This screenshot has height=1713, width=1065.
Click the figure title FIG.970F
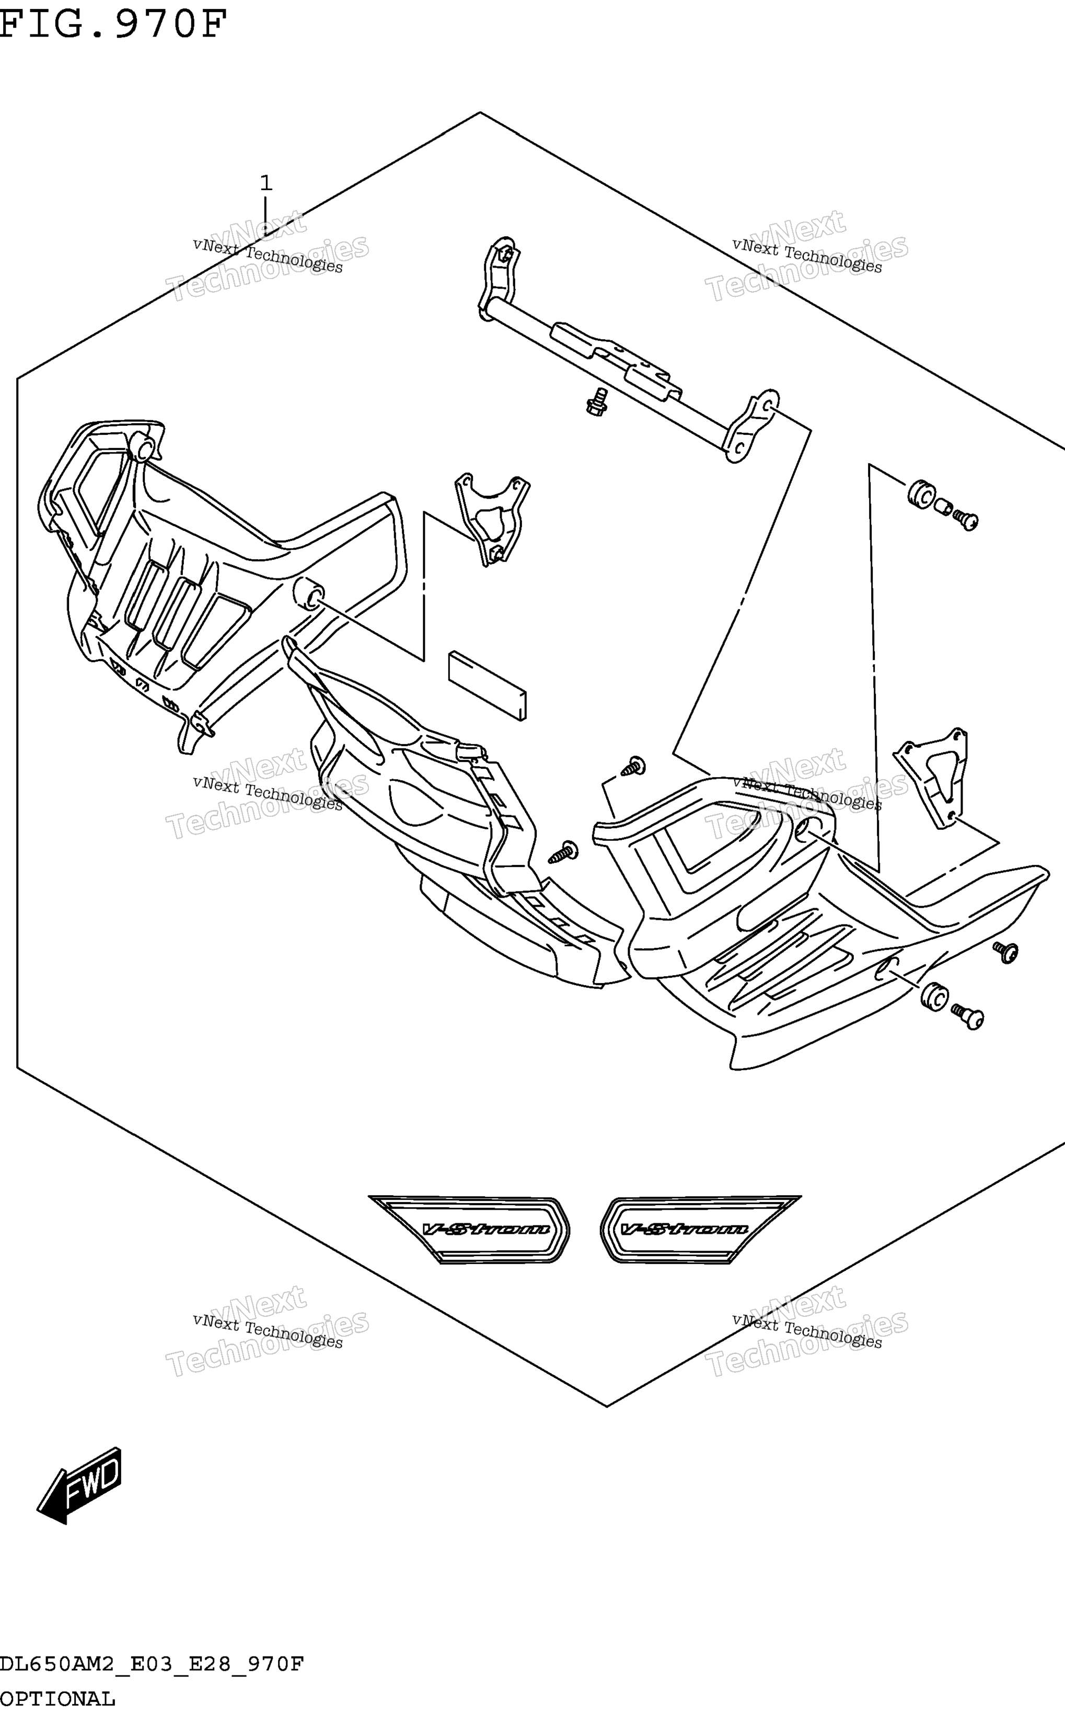point(114,23)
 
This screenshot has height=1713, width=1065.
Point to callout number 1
point(265,183)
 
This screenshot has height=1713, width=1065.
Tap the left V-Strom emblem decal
point(469,1229)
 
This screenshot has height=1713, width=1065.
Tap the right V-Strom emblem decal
point(701,1229)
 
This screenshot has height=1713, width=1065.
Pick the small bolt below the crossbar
point(597,401)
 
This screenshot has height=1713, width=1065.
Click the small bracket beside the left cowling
point(492,518)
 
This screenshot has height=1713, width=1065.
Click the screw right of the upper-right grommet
point(966,520)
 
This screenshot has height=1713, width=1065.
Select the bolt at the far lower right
point(968,1017)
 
